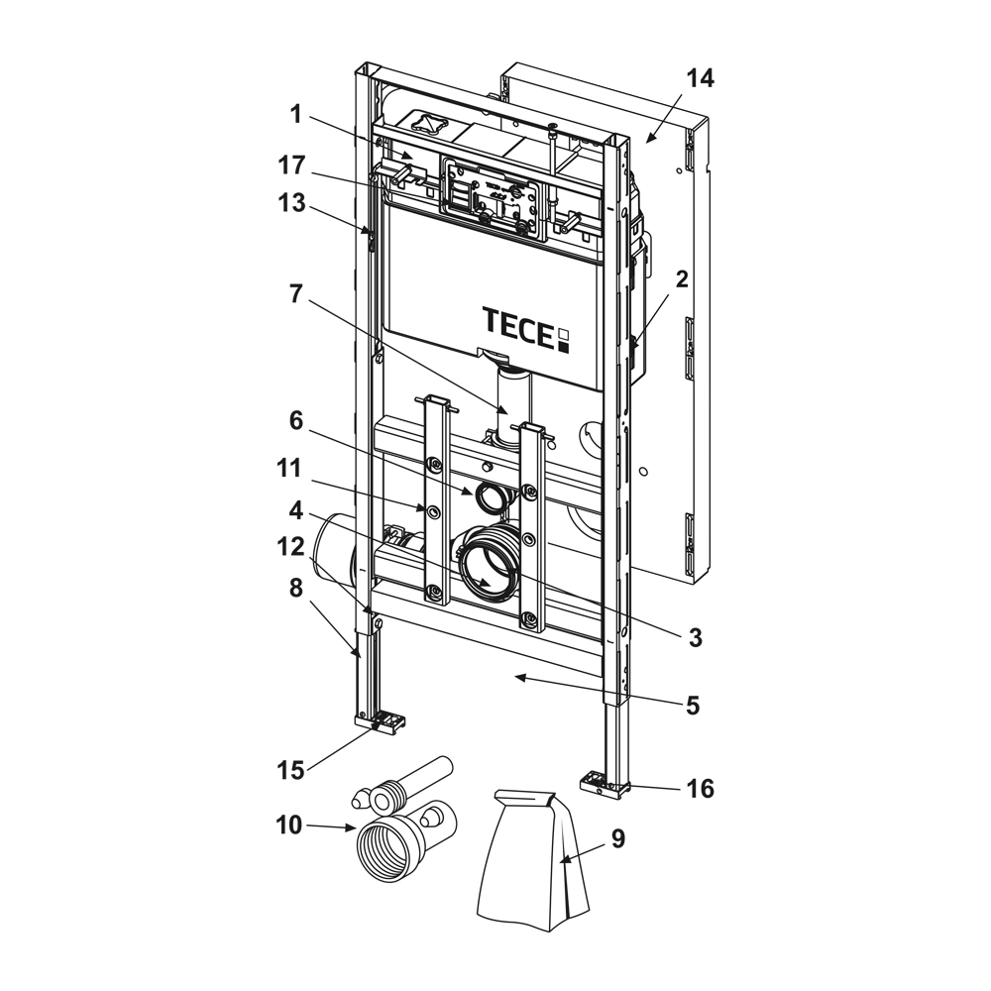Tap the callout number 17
[292, 165]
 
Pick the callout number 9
[616, 839]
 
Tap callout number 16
[701, 789]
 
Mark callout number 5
[692, 706]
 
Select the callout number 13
[293, 205]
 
